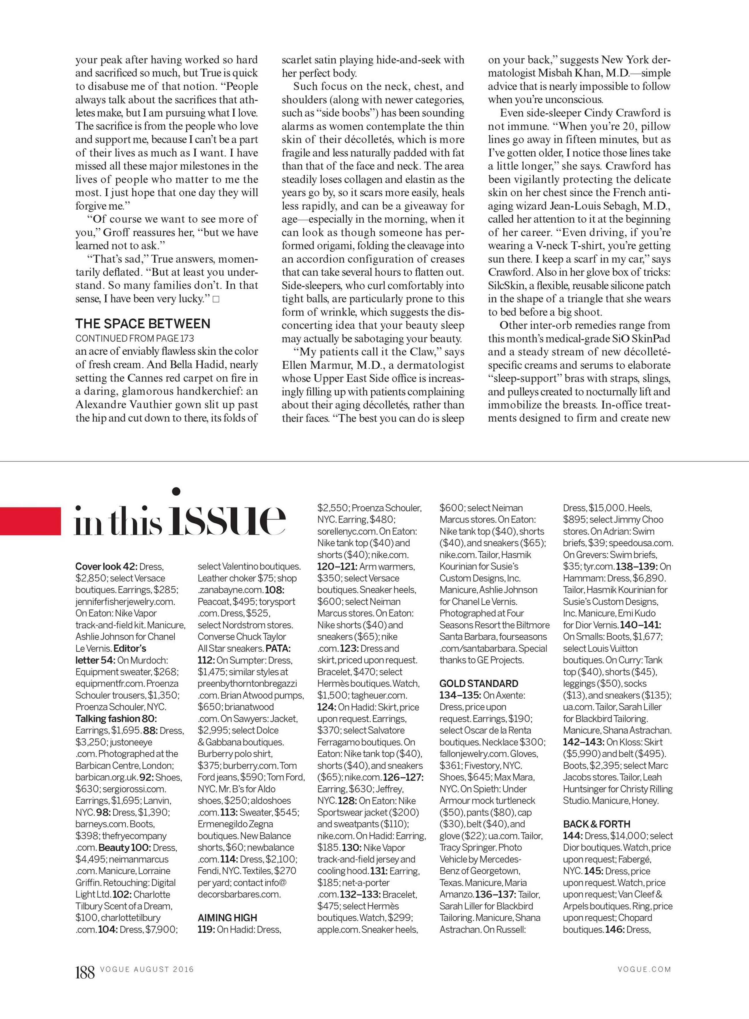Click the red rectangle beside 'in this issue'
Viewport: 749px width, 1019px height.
(x=30, y=520)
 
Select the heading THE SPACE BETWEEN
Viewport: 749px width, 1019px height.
(x=143, y=324)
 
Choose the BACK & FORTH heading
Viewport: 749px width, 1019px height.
(x=597, y=824)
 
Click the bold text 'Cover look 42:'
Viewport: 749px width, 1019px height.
(x=106, y=566)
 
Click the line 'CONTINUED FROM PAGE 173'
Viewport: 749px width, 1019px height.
(x=135, y=338)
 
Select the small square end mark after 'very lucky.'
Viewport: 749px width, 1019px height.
(x=216, y=299)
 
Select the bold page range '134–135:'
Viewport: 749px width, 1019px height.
(x=460, y=695)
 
